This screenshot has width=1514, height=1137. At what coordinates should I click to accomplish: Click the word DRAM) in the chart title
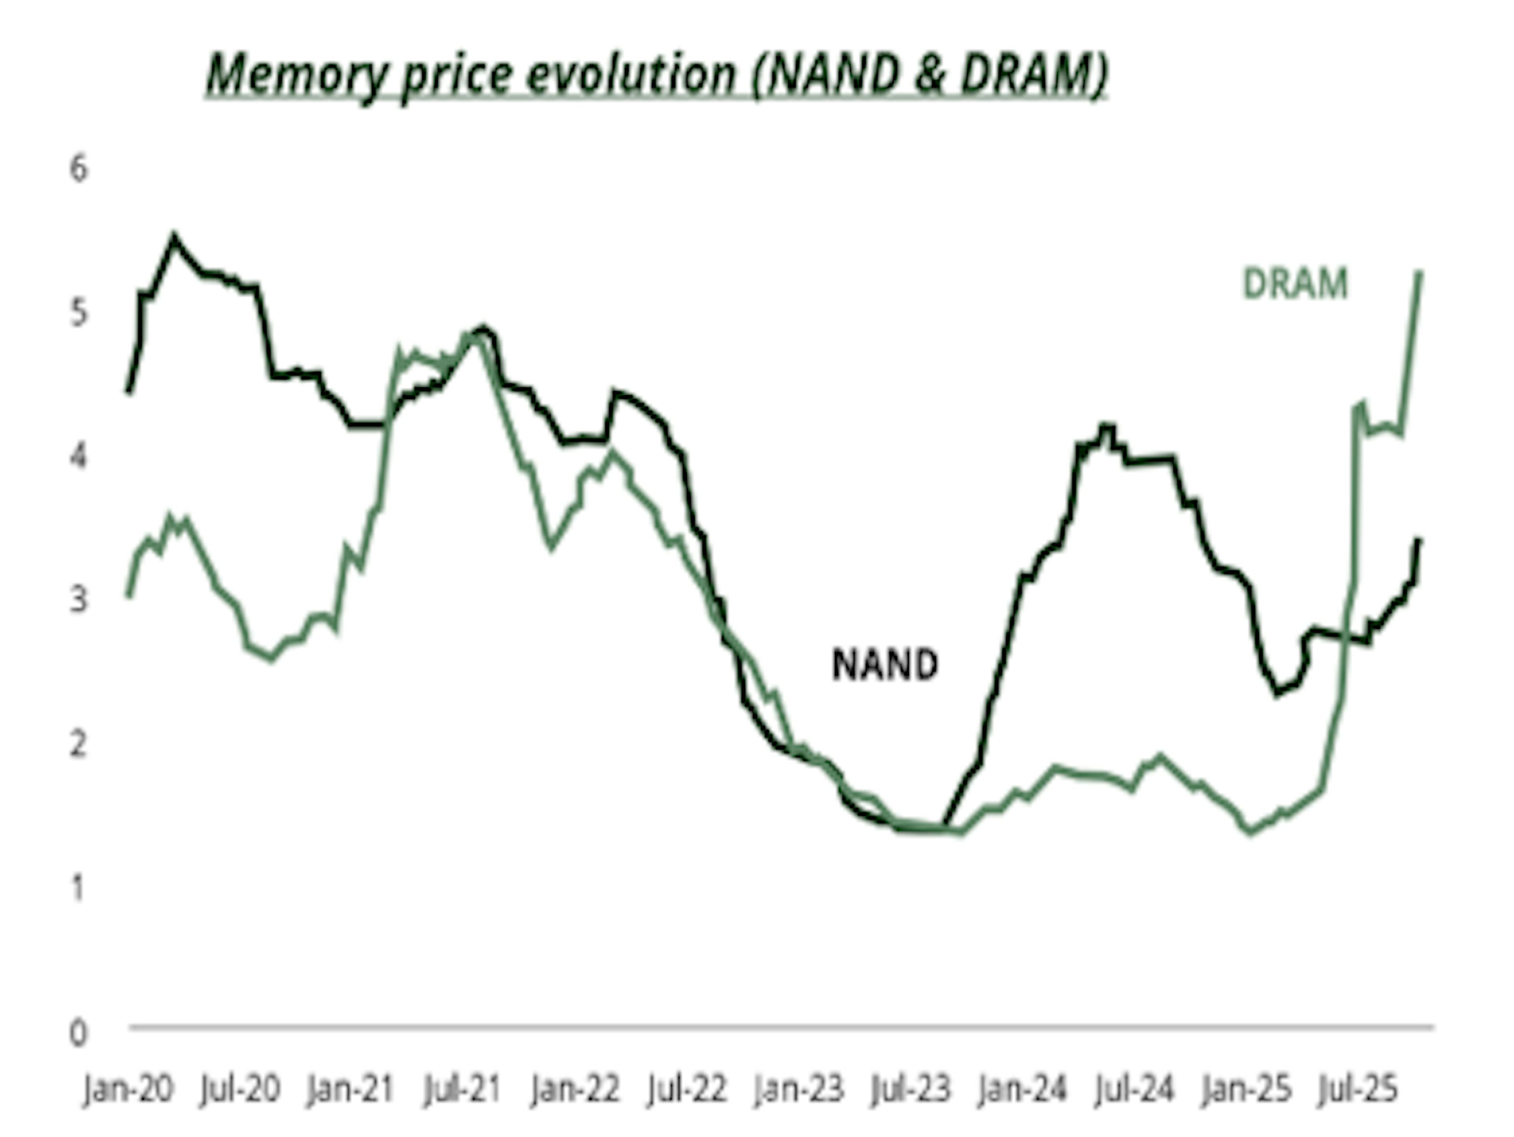tap(1033, 74)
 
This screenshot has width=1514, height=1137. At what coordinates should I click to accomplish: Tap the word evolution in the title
tap(630, 74)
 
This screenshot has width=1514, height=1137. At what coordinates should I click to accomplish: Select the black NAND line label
tap(884, 664)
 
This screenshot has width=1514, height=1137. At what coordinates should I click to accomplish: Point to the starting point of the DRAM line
tap(128, 596)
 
